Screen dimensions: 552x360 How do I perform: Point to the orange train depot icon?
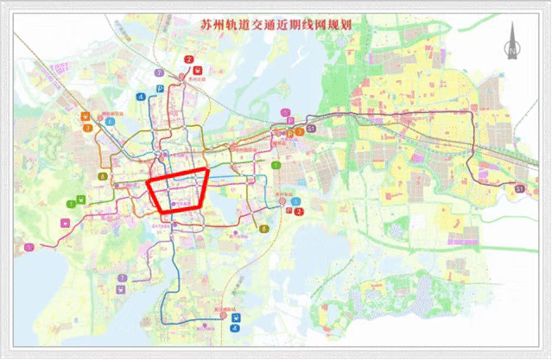click(86, 116)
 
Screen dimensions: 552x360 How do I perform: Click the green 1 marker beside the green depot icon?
click(69, 204)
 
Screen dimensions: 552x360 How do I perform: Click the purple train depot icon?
click(121, 278)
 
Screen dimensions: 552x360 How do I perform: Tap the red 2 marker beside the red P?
click(299, 211)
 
